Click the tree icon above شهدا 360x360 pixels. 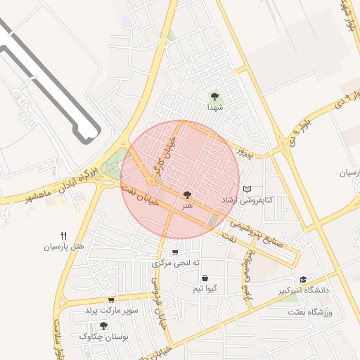click(214, 96)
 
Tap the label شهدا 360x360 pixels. click(214, 108)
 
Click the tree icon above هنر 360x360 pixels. click(187, 195)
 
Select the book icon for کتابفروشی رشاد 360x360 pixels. click(247, 188)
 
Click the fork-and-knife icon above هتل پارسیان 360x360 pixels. click(64, 236)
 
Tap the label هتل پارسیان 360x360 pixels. click(64, 247)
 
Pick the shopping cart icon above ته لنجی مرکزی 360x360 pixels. click(175, 252)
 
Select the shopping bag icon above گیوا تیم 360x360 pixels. click(204, 278)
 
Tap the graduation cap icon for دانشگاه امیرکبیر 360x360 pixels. click(303, 279)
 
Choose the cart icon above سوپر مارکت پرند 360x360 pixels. click(111, 300)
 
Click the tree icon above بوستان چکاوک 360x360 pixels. click(103, 326)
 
